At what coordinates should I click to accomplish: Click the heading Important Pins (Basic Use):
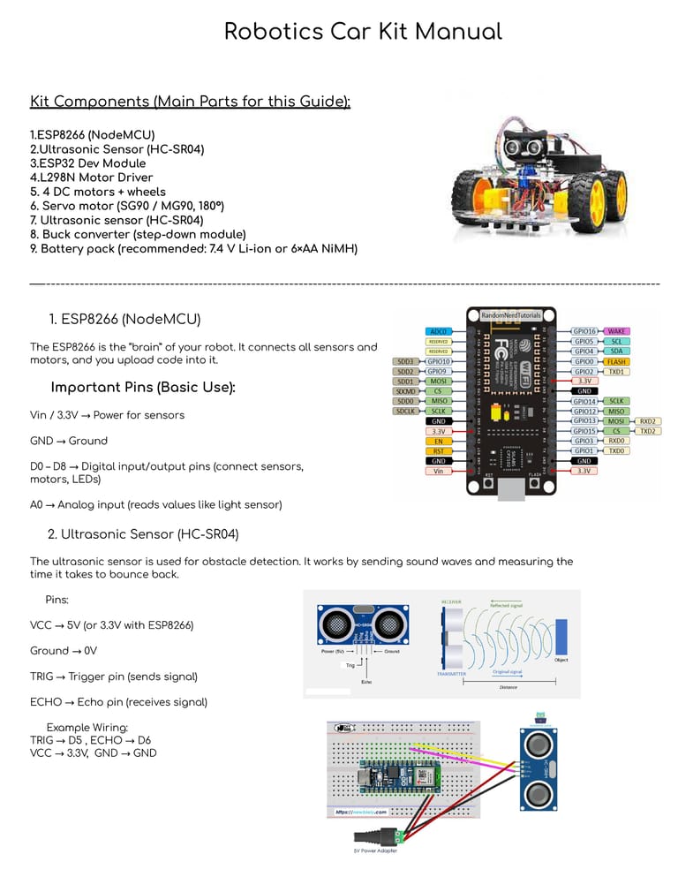pyautogui.click(x=143, y=388)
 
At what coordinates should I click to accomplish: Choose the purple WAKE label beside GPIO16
pyautogui.click(x=616, y=330)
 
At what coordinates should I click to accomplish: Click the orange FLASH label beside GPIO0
pyautogui.click(x=616, y=361)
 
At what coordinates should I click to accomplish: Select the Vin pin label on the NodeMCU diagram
pyautogui.click(x=439, y=471)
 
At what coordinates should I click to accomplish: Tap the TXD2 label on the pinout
pyautogui.click(x=647, y=431)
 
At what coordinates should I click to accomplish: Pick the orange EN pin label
pyautogui.click(x=439, y=441)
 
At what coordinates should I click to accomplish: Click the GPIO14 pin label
pyautogui.click(x=584, y=401)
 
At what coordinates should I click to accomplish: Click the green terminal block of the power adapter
pyautogui.click(x=403, y=835)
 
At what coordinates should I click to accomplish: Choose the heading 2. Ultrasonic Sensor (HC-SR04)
pyautogui.click(x=142, y=534)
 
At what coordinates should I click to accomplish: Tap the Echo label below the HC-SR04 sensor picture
pyautogui.click(x=366, y=681)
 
